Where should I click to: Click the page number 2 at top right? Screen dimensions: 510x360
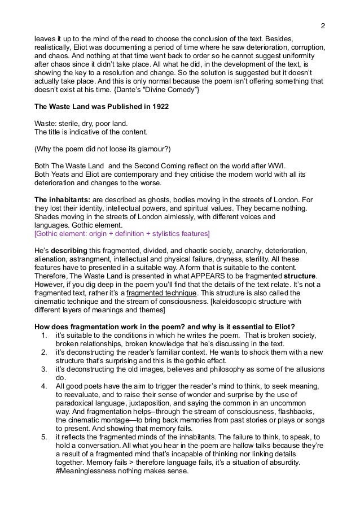322,26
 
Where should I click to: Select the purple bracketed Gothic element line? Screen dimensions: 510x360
121,233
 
